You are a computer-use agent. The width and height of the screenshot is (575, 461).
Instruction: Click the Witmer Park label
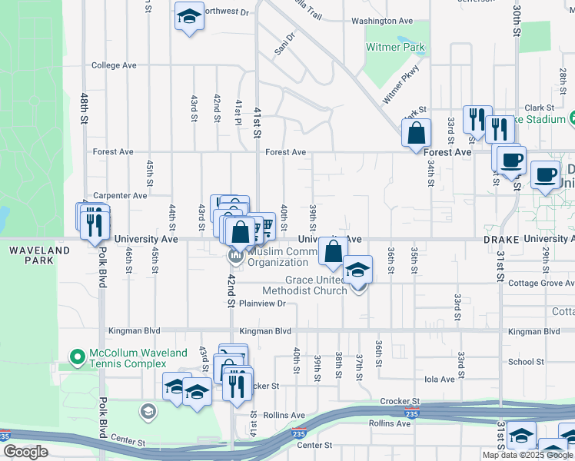point(395,48)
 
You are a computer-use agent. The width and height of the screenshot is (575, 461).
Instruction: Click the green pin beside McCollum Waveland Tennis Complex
point(76,357)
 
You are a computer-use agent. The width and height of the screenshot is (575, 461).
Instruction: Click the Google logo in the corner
point(25,452)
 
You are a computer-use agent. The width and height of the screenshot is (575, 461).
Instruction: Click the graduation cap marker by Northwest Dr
point(188,17)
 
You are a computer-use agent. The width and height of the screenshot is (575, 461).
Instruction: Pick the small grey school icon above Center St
point(146,413)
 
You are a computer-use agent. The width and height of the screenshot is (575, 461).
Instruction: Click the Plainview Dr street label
point(262,303)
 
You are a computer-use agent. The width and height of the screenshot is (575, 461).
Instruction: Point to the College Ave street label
point(114,66)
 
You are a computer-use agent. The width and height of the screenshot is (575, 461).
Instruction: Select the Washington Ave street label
point(383,22)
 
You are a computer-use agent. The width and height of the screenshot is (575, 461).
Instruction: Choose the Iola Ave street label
point(439,379)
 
